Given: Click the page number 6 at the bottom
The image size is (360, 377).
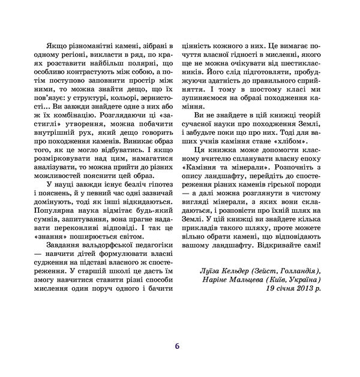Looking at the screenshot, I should pos(177,346).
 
